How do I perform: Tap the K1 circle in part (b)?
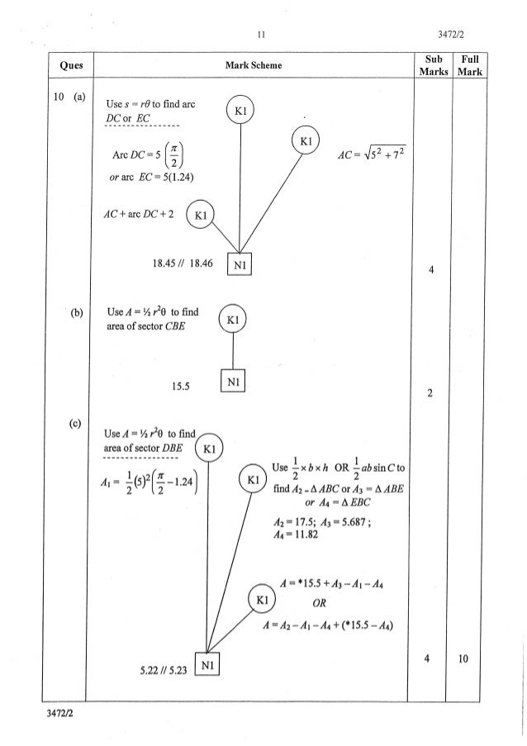pyautogui.click(x=233, y=320)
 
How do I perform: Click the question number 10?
pyautogui.click(x=59, y=98)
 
